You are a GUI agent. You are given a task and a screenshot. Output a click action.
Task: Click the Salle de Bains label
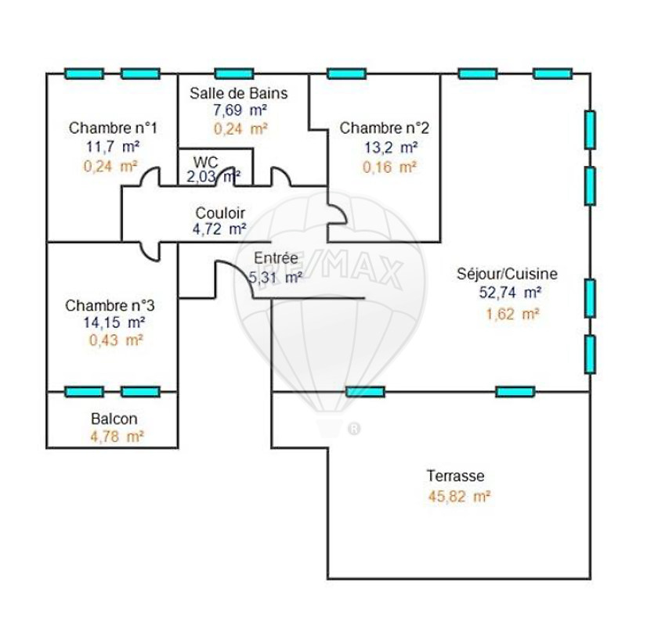(x=238, y=93)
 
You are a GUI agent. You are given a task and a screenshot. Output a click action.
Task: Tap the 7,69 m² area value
(x=240, y=110)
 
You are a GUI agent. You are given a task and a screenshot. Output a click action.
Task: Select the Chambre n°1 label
(x=113, y=128)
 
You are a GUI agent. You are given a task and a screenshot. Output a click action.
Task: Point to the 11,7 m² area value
(x=113, y=147)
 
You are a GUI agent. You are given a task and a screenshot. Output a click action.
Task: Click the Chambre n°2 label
(x=385, y=128)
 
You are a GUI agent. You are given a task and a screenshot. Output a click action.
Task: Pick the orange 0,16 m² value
(x=389, y=167)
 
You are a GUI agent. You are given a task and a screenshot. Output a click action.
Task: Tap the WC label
(x=205, y=162)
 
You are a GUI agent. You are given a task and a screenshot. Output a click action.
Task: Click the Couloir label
(x=220, y=213)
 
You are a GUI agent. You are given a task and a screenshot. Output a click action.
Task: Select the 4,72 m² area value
(x=219, y=229)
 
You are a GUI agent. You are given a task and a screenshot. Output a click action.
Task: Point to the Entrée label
(x=276, y=257)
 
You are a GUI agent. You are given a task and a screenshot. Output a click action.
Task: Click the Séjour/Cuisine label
(x=507, y=274)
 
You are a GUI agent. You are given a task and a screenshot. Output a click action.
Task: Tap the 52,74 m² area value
(x=510, y=292)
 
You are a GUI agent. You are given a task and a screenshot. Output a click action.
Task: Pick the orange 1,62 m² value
(x=512, y=314)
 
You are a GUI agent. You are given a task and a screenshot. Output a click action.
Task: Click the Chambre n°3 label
(x=110, y=306)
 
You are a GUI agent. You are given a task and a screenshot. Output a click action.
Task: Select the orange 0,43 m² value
(x=116, y=340)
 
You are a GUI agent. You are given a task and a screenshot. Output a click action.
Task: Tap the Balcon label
(x=114, y=419)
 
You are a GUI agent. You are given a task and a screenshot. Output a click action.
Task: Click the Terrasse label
(x=455, y=476)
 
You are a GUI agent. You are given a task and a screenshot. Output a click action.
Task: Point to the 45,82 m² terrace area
(x=460, y=497)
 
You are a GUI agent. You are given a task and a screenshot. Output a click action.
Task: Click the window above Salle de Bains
(x=234, y=74)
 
